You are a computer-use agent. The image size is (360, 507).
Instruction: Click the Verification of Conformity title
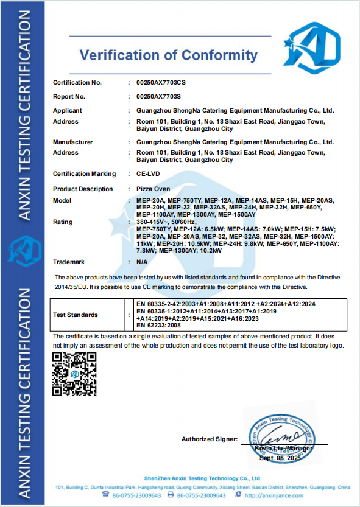[169, 55]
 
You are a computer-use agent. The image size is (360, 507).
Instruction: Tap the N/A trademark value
[143, 262]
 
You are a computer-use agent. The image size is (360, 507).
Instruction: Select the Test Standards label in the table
[76, 315]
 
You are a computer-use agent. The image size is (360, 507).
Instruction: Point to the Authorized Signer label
[209, 439]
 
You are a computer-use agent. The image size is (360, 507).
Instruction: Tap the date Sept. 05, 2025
[281, 458]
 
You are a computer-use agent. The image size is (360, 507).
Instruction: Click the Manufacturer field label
[73, 142]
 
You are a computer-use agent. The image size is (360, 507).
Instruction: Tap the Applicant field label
[68, 111]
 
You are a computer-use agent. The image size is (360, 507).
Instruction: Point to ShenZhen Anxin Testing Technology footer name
[203, 479]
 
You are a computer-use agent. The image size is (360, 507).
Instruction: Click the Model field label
[62, 200]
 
